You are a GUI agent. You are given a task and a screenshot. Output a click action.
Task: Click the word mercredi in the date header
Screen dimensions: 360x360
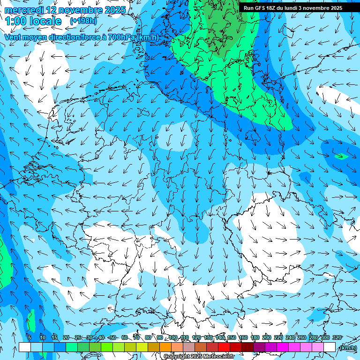(24, 10)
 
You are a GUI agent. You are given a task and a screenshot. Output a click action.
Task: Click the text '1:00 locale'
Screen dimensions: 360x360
(33, 21)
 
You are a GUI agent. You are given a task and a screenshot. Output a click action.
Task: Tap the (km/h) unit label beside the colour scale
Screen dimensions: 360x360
(347, 348)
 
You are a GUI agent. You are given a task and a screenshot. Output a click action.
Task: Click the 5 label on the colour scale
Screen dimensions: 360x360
(29, 337)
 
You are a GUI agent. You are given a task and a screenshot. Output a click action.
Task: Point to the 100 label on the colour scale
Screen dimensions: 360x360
(173, 337)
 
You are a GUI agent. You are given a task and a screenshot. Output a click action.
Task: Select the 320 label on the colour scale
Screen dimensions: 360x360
(337, 337)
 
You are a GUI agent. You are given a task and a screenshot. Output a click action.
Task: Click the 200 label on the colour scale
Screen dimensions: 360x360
(267, 337)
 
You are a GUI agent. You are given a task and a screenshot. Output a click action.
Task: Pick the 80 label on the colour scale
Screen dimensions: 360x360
(148, 337)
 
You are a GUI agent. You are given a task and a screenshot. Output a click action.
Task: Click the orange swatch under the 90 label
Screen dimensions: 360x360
(165, 347)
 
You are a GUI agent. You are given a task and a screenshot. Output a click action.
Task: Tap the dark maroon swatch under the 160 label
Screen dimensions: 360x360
(247, 347)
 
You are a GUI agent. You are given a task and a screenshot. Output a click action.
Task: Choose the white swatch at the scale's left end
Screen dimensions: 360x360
(25, 347)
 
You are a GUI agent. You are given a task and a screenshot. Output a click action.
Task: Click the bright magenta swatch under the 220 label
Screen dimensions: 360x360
(283, 347)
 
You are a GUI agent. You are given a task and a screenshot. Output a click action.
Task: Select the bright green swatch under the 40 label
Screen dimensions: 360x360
(107, 347)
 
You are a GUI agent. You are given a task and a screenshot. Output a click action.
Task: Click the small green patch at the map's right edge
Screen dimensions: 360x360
(341, 156)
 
